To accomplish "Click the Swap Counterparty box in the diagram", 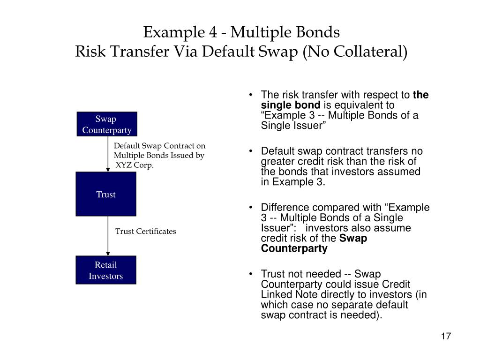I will pos(107,124).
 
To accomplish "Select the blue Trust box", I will pos(106,194).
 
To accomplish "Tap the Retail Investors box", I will pos(106,270).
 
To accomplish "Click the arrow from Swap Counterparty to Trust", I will pos(108,155).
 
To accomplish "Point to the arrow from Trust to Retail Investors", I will pos(108,236).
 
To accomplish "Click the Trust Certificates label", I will pos(146,231).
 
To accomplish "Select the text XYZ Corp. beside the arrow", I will pos(135,165).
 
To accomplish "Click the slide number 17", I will pos(445,337).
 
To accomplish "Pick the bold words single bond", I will pos(291,105).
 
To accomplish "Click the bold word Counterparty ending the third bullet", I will pos(294,248).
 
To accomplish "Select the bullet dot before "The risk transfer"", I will pos(252,95).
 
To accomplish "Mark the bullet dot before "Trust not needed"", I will pos(252,274).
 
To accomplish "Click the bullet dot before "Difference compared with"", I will pos(252,208).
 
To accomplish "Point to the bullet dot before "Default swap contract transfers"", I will pos(252,151).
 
